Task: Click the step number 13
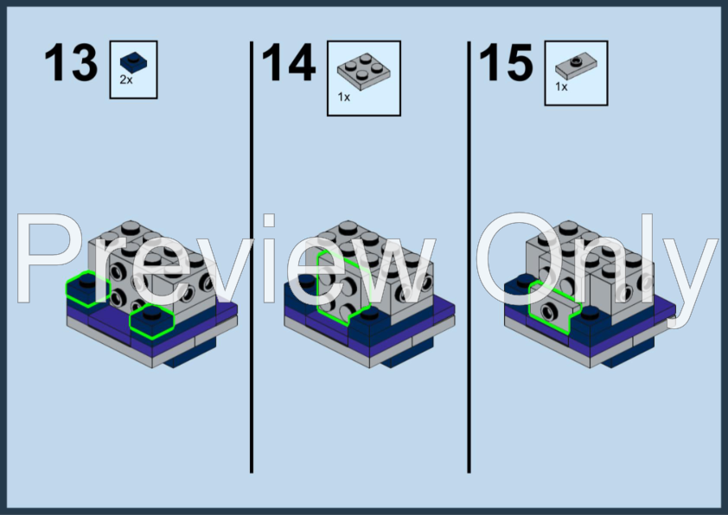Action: pyautogui.click(x=71, y=62)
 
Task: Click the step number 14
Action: pyautogui.click(x=289, y=62)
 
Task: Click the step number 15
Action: pyautogui.click(x=506, y=62)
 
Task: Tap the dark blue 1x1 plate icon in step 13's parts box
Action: pyautogui.click(x=134, y=62)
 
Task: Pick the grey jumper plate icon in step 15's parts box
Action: pyautogui.click(x=576, y=67)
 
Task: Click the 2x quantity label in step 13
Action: pyautogui.click(x=126, y=79)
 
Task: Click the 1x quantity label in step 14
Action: pyautogui.click(x=343, y=97)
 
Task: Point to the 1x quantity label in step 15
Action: pyautogui.click(x=561, y=86)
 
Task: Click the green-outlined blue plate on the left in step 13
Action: pyautogui.click(x=86, y=289)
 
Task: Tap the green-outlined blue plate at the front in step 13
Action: pyautogui.click(x=151, y=321)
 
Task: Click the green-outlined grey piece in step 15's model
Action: pyautogui.click(x=553, y=307)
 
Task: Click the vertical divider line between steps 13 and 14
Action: pyautogui.click(x=252, y=257)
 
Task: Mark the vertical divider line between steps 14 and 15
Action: pyautogui.click(x=469, y=257)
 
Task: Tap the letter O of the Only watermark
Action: pyautogui.click(x=520, y=258)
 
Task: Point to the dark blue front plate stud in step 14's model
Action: pyautogui.click(x=369, y=314)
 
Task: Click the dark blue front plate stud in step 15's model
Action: pyautogui.click(x=590, y=312)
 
